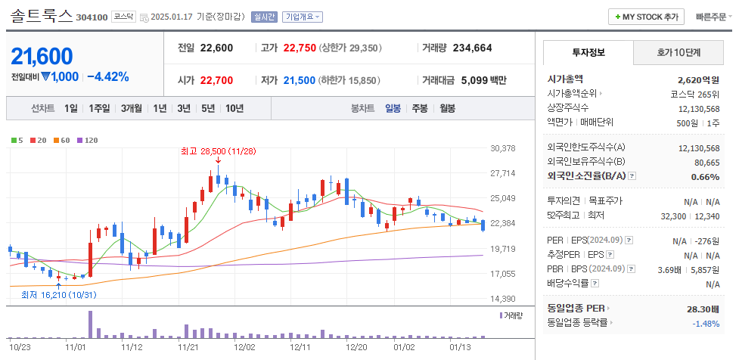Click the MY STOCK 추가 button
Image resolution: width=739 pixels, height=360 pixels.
click(646, 17)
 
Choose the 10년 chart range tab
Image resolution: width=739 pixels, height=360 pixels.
click(234, 108)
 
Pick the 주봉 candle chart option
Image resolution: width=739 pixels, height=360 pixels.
click(419, 108)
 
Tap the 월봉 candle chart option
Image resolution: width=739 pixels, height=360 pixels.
click(447, 108)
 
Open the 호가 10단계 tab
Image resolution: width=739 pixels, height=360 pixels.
click(678, 53)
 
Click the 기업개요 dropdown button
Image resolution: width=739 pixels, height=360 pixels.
click(303, 17)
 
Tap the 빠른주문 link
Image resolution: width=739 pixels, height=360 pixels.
click(712, 17)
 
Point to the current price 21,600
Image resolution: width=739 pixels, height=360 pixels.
click(42, 56)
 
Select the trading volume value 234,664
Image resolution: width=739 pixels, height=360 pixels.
click(472, 48)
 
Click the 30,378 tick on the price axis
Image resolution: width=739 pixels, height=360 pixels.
click(503, 148)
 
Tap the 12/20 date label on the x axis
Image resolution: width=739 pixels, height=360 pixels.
click(356, 348)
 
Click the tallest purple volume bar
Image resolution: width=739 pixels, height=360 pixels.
click(89, 324)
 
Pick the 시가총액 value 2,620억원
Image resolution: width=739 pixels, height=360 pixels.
click(698, 79)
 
